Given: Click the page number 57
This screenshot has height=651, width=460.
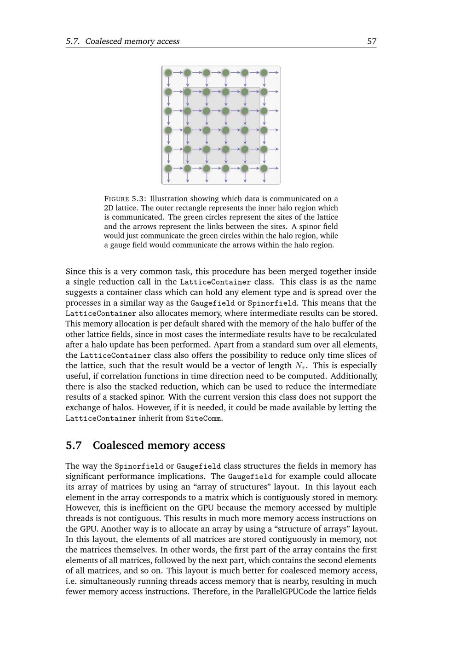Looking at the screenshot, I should click(x=372, y=41).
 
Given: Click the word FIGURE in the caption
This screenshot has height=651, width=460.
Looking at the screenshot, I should click(x=116, y=199).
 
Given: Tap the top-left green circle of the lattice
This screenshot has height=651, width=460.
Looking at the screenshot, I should click(x=168, y=73).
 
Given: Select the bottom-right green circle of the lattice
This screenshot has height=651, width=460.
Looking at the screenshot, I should click(x=264, y=169).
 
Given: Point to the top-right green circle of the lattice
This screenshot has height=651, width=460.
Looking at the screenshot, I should click(x=264, y=73).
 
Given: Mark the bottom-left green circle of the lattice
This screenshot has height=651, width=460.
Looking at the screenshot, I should click(x=168, y=169).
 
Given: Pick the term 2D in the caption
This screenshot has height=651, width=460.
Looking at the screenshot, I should click(x=109, y=208).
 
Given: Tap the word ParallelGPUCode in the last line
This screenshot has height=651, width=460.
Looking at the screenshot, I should click(x=286, y=592).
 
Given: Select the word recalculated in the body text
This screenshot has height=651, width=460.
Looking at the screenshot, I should click(x=354, y=334).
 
